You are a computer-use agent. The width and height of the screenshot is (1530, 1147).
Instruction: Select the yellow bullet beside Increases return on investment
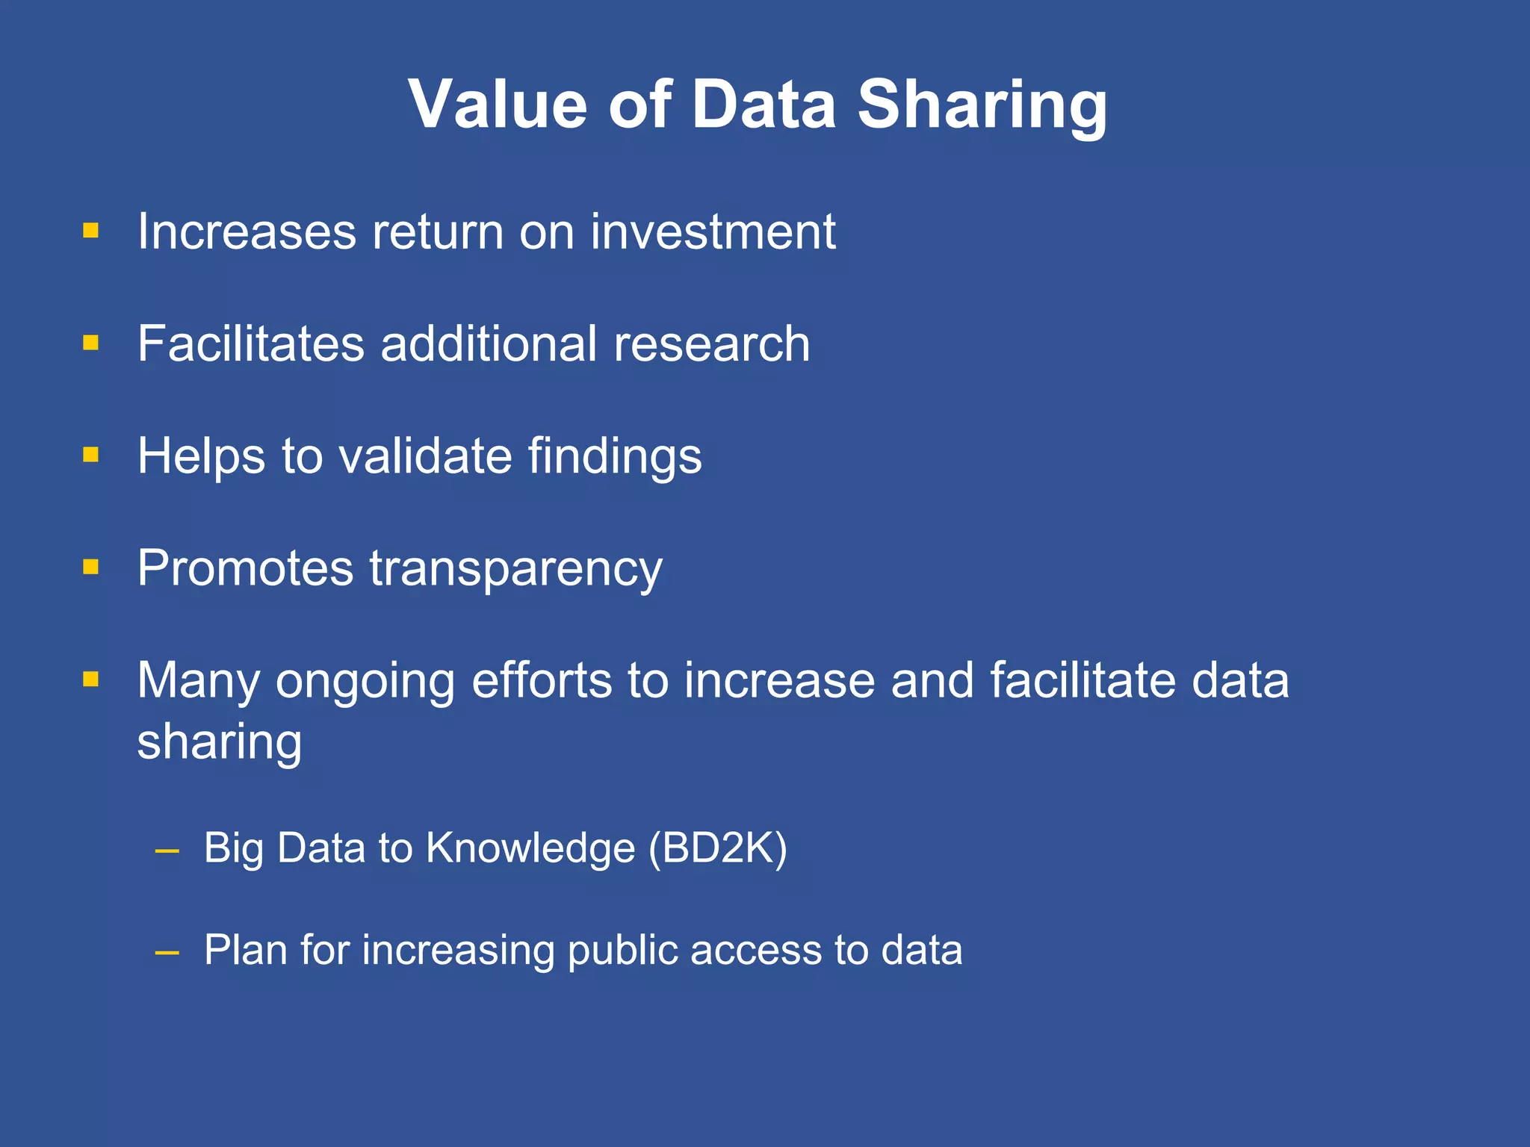pyautogui.click(x=91, y=230)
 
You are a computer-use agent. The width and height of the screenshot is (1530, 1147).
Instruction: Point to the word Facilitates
pyautogui.click(x=251, y=344)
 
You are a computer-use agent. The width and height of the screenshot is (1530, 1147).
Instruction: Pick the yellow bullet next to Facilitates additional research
pyautogui.click(x=91, y=343)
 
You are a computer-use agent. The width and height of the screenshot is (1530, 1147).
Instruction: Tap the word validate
pyautogui.click(x=425, y=456)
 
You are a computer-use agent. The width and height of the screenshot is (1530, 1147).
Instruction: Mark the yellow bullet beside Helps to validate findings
pyautogui.click(x=91, y=455)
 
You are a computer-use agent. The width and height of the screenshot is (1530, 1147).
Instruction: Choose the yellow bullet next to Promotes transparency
pyautogui.click(x=91, y=567)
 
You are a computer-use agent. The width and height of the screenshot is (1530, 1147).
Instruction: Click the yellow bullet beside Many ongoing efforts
pyautogui.click(x=91, y=679)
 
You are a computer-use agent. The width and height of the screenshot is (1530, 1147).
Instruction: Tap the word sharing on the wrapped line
pyautogui.click(x=220, y=742)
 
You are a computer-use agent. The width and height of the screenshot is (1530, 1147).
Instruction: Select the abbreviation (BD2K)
pyautogui.click(x=717, y=849)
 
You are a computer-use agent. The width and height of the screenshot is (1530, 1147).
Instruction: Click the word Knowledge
pyautogui.click(x=530, y=849)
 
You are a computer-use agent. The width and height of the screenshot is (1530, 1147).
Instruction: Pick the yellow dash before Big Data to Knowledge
pyautogui.click(x=167, y=851)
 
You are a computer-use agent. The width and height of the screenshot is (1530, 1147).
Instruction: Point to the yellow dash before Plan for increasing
pyautogui.click(x=167, y=952)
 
